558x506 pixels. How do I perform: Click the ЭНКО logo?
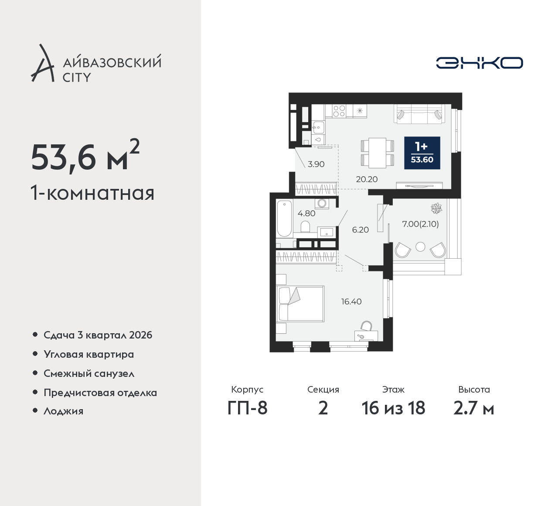(479, 63)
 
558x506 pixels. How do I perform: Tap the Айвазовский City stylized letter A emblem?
(42, 63)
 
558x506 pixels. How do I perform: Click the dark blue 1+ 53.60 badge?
(422, 153)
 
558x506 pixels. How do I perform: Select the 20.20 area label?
(367, 179)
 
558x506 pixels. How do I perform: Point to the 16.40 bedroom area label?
(351, 301)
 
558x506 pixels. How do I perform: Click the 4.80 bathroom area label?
(306, 213)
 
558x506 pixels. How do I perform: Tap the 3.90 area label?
(316, 164)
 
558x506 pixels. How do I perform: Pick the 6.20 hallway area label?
(360, 229)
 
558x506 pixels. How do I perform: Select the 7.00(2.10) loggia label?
(420, 224)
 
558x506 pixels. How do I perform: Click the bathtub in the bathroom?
(284, 219)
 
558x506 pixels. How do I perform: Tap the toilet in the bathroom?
(305, 226)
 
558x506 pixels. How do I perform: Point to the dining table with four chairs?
(377, 153)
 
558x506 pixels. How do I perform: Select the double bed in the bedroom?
(300, 304)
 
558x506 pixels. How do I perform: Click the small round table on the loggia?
(420, 247)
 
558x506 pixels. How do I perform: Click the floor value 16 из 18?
(393, 408)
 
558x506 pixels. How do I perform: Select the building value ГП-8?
(247, 408)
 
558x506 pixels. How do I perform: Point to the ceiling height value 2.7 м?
(474, 408)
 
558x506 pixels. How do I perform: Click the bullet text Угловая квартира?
(89, 355)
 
